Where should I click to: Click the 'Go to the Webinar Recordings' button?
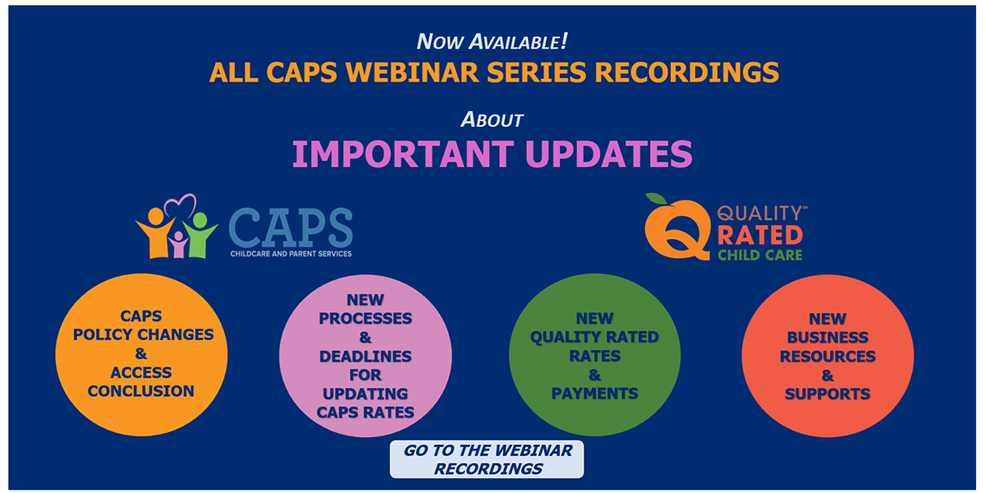click(487, 459)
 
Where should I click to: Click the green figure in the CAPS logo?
click(200, 235)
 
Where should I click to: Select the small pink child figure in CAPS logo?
click(178, 245)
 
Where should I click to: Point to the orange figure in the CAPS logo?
click(156, 233)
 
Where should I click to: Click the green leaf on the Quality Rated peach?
click(656, 199)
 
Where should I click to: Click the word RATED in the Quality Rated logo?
click(760, 235)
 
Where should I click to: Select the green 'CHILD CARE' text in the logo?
click(760, 256)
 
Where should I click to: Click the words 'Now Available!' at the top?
click(492, 41)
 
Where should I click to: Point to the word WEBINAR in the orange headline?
click(412, 72)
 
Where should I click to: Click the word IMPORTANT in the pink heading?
click(403, 154)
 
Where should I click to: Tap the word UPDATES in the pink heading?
click(609, 154)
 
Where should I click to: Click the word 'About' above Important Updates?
click(492, 119)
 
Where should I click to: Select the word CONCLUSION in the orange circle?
click(140, 391)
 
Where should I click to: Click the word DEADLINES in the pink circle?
click(365, 356)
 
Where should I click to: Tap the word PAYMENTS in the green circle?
click(594, 393)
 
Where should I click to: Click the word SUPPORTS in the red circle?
click(827, 394)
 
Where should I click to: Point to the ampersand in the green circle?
click(594, 375)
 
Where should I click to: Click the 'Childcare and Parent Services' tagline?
click(291, 254)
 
